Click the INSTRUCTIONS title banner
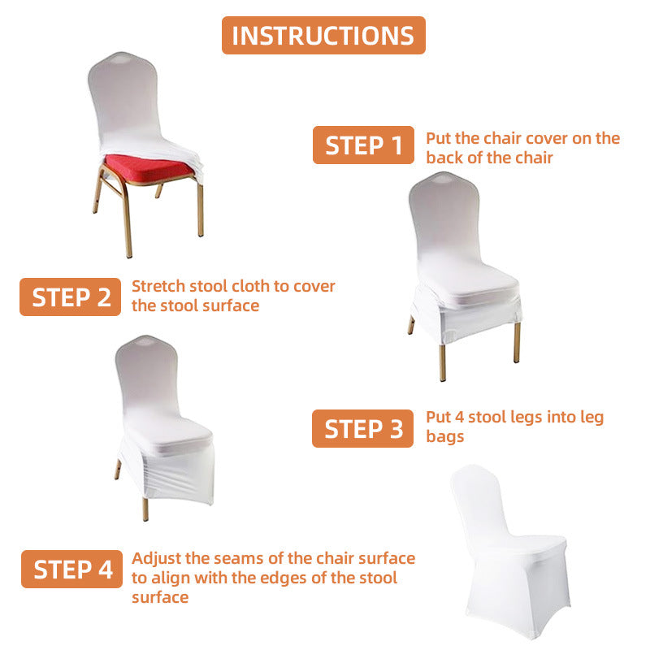tap(323, 36)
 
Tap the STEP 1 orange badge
tap(363, 145)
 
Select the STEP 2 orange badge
tap(71, 297)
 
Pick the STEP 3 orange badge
tap(362, 428)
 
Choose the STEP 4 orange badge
tap(72, 569)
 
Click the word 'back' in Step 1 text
tap(444, 158)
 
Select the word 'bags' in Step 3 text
tap(445, 436)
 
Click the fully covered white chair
tap(510, 552)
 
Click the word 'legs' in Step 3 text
tap(533, 417)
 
